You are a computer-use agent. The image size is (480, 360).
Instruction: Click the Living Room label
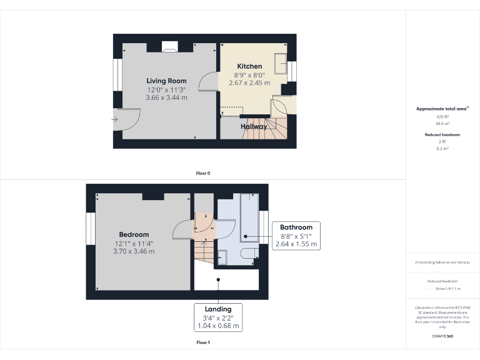pos(166,81)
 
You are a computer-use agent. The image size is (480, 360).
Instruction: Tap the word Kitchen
pos(249,66)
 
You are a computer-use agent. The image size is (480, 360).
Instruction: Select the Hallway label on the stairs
pos(254,126)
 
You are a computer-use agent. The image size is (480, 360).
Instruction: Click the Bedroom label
pos(134,234)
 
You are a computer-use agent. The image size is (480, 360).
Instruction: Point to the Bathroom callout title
pos(296,227)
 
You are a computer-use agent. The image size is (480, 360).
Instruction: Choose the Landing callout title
pos(217,309)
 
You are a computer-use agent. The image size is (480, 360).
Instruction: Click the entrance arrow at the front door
pos(115,119)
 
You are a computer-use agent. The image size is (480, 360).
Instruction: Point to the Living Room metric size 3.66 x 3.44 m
pos(166,97)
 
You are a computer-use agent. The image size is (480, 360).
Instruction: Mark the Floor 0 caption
pos(202,173)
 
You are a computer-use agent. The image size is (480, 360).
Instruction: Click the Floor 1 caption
pos(202,342)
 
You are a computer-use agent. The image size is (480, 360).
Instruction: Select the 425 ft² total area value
pos(442,116)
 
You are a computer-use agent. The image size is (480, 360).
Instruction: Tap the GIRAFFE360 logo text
pos(442,336)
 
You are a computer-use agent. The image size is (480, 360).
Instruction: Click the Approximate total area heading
pos(442,109)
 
